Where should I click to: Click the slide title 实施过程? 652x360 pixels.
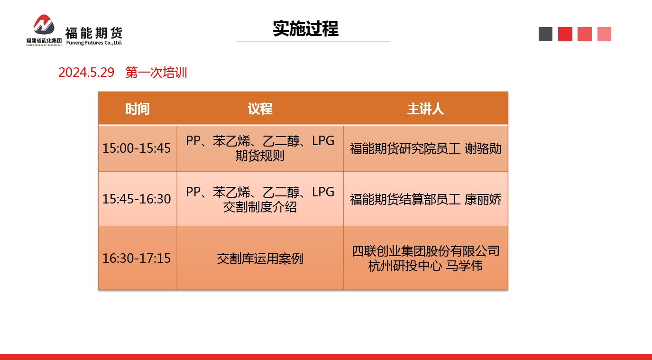(x=306, y=28)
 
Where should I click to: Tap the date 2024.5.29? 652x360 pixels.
(x=86, y=72)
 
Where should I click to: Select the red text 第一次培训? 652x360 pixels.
(x=156, y=73)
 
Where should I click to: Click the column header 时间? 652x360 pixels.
(x=138, y=109)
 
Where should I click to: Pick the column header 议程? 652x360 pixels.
(x=260, y=109)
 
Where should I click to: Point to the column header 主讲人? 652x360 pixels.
(x=425, y=109)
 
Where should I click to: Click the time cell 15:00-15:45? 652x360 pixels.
(x=137, y=148)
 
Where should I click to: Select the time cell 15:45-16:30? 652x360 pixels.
(x=137, y=199)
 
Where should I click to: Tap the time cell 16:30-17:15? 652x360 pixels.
(x=137, y=258)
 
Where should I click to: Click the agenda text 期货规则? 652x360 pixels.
(x=260, y=156)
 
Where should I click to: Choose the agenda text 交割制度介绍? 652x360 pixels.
(x=260, y=207)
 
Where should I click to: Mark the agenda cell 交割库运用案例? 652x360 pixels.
(x=260, y=258)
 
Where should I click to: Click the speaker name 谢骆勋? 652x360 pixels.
(x=483, y=148)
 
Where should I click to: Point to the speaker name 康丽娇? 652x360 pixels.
(x=483, y=200)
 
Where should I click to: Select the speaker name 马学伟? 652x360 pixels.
(x=464, y=266)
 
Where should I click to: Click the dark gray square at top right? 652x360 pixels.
(x=545, y=34)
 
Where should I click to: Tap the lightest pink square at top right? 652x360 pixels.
(x=604, y=34)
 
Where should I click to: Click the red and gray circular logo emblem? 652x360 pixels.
(x=44, y=25)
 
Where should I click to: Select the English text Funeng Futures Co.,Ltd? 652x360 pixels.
(x=94, y=43)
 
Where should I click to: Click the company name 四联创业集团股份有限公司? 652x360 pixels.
(x=425, y=251)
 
